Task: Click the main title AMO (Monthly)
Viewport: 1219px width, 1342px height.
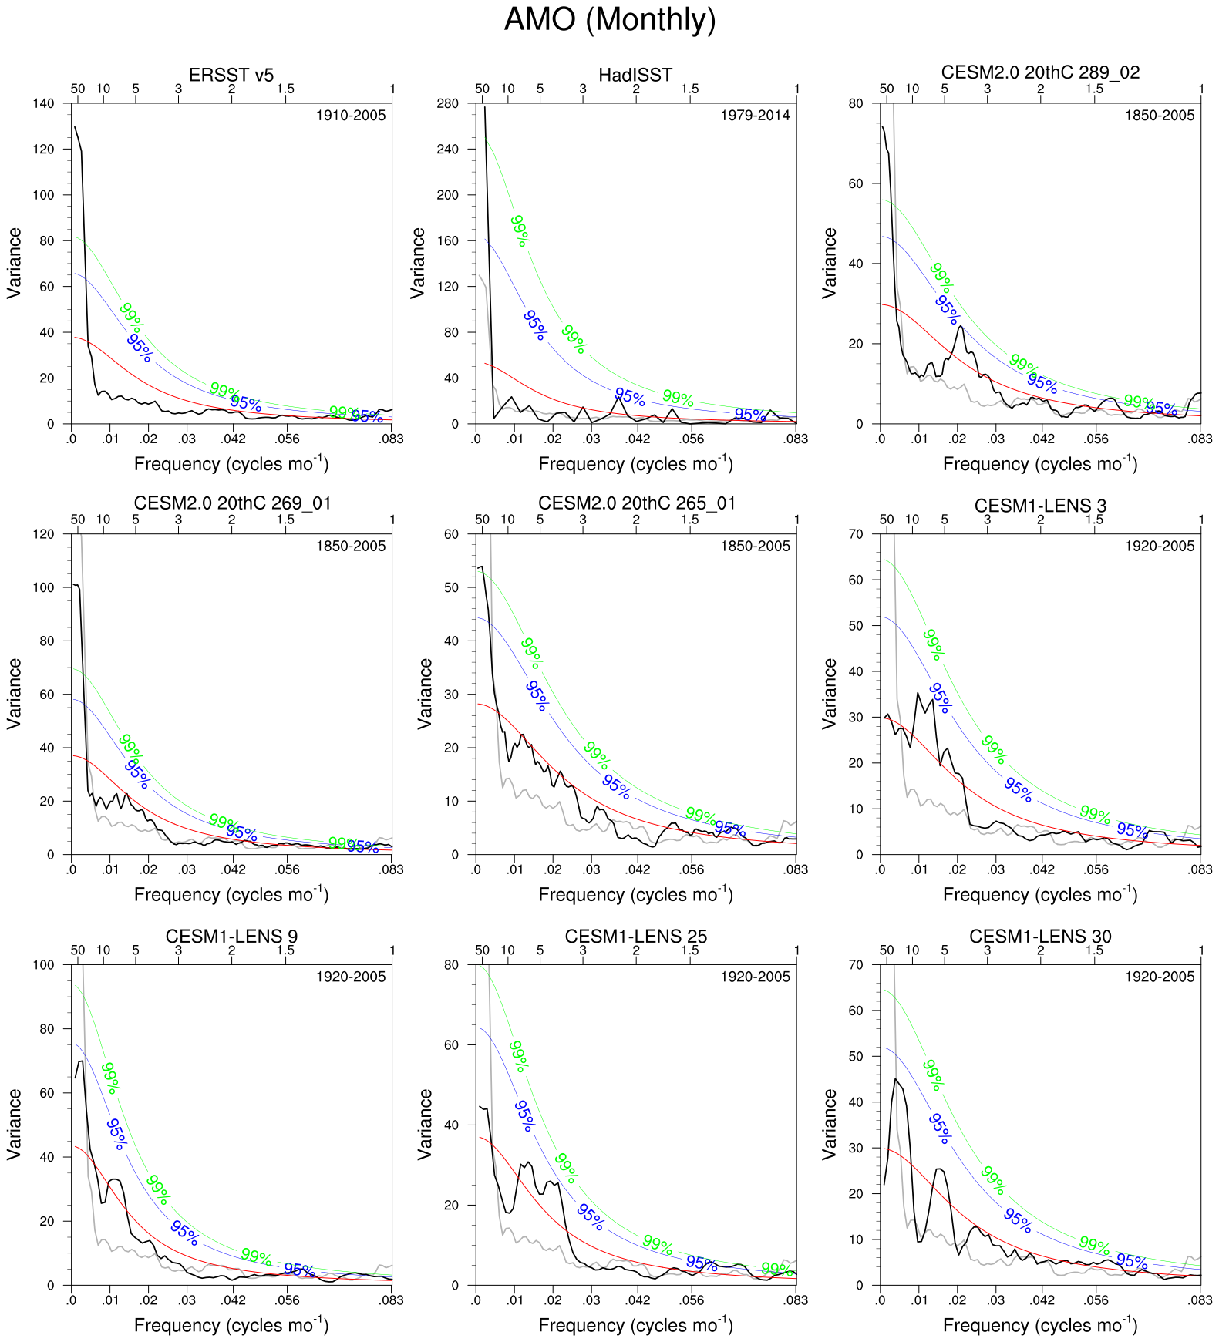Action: point(609,19)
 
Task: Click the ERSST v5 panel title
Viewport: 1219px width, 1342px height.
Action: point(231,75)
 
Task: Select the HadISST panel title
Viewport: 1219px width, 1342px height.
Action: point(635,75)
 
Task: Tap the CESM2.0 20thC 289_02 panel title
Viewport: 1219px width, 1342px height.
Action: point(1040,72)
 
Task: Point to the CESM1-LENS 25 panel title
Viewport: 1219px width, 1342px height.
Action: point(636,937)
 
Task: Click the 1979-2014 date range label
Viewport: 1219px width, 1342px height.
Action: point(755,116)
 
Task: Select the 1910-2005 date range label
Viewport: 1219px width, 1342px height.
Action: point(351,116)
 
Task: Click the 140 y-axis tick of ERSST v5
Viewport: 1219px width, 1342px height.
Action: point(45,103)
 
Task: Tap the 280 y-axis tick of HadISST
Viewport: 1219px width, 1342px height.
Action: point(448,103)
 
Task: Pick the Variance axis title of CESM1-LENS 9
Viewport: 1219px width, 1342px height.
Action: point(14,1125)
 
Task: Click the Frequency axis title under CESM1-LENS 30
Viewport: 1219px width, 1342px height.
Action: point(1040,1325)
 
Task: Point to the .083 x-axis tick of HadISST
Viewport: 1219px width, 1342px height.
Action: point(796,439)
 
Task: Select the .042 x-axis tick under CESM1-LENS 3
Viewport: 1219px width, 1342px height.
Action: point(1042,869)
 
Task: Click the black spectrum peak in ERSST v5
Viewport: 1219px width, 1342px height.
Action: point(75,127)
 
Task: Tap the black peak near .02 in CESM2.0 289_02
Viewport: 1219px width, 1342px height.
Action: point(960,327)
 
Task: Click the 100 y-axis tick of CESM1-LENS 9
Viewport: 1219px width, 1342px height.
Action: point(45,964)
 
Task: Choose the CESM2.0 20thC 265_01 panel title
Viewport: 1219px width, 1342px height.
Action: point(637,503)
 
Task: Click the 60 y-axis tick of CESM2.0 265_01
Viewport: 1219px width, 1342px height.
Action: point(452,533)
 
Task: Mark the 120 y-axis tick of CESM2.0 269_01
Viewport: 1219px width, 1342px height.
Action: point(45,533)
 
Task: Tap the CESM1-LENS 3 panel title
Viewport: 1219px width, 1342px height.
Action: point(1040,506)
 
